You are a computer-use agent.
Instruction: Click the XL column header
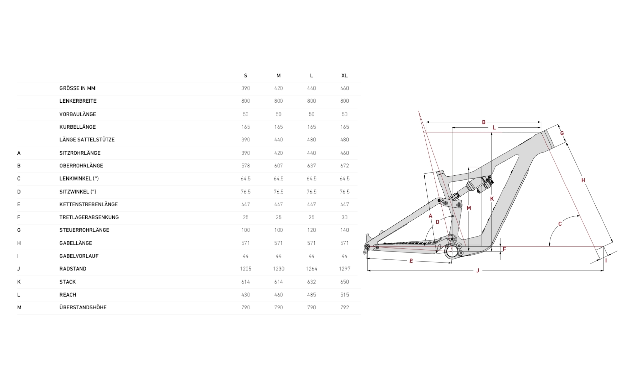click(344, 76)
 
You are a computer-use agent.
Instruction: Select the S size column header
click(245, 76)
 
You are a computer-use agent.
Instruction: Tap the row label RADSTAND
click(73, 269)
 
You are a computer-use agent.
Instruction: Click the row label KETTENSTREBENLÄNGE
click(88, 204)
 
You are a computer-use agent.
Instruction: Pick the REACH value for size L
click(311, 295)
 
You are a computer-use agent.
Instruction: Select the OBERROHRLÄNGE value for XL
click(344, 166)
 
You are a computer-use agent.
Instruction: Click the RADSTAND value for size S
click(245, 269)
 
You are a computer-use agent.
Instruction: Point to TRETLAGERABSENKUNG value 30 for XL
click(344, 217)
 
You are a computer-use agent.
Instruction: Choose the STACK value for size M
click(278, 282)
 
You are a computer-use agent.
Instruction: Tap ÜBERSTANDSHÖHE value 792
click(344, 307)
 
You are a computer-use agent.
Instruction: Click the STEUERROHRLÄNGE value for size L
click(311, 230)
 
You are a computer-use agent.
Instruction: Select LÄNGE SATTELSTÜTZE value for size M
click(278, 140)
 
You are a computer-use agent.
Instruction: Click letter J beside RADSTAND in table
click(19, 269)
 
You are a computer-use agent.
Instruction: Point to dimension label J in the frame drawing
click(478, 270)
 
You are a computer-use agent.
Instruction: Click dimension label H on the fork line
click(583, 180)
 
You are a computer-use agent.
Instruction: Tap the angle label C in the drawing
click(560, 224)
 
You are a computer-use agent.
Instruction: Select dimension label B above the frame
click(484, 122)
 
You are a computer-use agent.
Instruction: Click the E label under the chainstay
click(411, 261)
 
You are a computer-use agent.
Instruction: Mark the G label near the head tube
click(562, 133)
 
